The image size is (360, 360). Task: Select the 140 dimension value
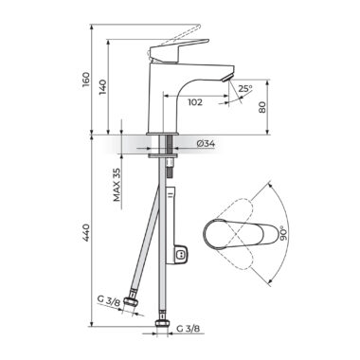tap(102, 88)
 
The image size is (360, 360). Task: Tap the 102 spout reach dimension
tap(195, 102)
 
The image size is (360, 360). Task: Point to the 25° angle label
tap(245, 89)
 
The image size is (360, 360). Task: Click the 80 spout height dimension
tap(262, 107)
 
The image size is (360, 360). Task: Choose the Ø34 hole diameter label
tap(206, 144)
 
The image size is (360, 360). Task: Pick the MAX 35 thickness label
tap(117, 185)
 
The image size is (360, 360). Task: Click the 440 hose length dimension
tap(85, 233)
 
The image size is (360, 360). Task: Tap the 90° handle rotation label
tap(284, 233)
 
